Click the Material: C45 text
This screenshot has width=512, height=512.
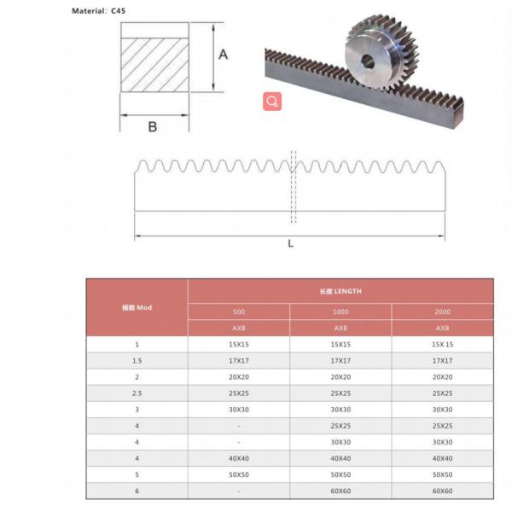[98, 11]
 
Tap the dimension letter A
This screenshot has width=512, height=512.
[224, 55]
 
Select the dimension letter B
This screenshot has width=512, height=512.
[153, 126]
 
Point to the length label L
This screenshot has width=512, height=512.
[291, 243]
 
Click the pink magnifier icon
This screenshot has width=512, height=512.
[272, 102]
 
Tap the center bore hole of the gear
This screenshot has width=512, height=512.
[368, 61]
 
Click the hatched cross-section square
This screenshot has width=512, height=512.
[154, 65]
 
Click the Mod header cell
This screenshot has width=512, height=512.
[137, 307]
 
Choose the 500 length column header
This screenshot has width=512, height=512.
[239, 311]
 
